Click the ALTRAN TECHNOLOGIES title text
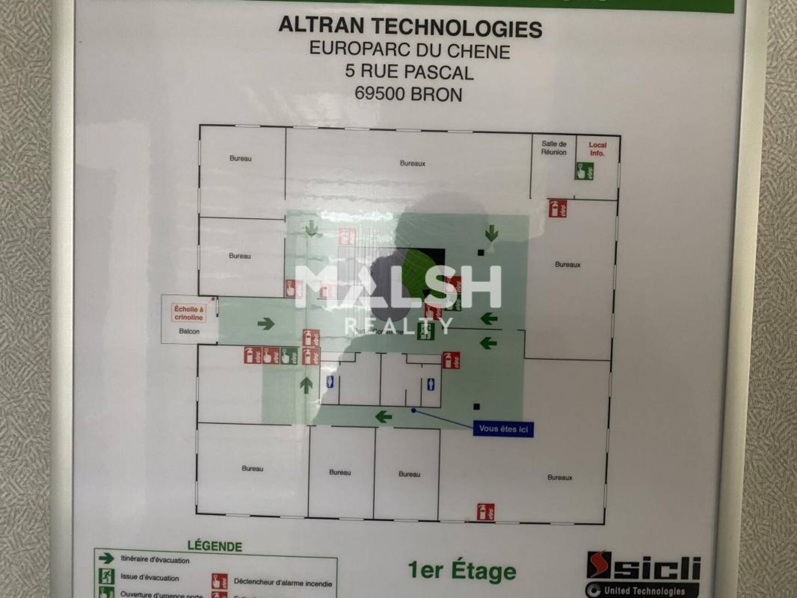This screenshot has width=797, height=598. pyautogui.click(x=410, y=27)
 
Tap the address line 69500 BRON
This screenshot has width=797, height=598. pyautogui.click(x=408, y=94)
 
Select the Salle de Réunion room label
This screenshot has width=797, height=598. pyautogui.click(x=554, y=148)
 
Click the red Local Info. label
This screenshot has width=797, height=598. pyautogui.click(x=597, y=149)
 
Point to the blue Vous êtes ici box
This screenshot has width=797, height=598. pyautogui.click(x=503, y=429)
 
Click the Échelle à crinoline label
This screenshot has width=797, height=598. pyautogui.click(x=189, y=313)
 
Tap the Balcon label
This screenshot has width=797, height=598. pyautogui.click(x=189, y=331)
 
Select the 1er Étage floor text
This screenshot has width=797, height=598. pyautogui.click(x=462, y=571)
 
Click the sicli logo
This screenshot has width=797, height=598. pyautogui.click(x=643, y=565)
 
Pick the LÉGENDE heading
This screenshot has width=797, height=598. pyautogui.click(x=214, y=546)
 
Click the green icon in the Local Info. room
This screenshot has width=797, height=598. pyautogui.click(x=584, y=171)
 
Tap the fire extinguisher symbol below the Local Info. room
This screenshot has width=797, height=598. pyautogui.click(x=557, y=208)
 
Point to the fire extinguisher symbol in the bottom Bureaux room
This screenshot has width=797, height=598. pyautogui.click(x=485, y=512)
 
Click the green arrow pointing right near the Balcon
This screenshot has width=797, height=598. pyautogui.click(x=266, y=324)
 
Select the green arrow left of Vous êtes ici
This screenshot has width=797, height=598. pyautogui.click(x=383, y=417)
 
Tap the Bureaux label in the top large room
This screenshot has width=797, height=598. pyautogui.click(x=412, y=163)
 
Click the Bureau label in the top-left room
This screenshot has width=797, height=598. pyautogui.click(x=240, y=158)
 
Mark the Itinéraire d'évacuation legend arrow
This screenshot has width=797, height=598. pyautogui.click(x=106, y=558)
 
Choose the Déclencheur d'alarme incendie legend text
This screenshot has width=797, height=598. pyautogui.click(x=283, y=583)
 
